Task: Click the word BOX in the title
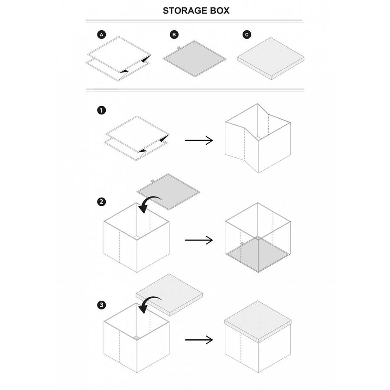point(218,11)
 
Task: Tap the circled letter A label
point(101,34)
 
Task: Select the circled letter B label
point(174,34)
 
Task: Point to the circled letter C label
point(247,34)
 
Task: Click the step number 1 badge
point(101,110)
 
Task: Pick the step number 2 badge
point(101,201)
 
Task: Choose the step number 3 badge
point(101,305)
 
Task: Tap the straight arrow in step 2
point(199,240)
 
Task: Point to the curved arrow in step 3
point(149,302)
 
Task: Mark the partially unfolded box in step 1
point(258,139)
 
